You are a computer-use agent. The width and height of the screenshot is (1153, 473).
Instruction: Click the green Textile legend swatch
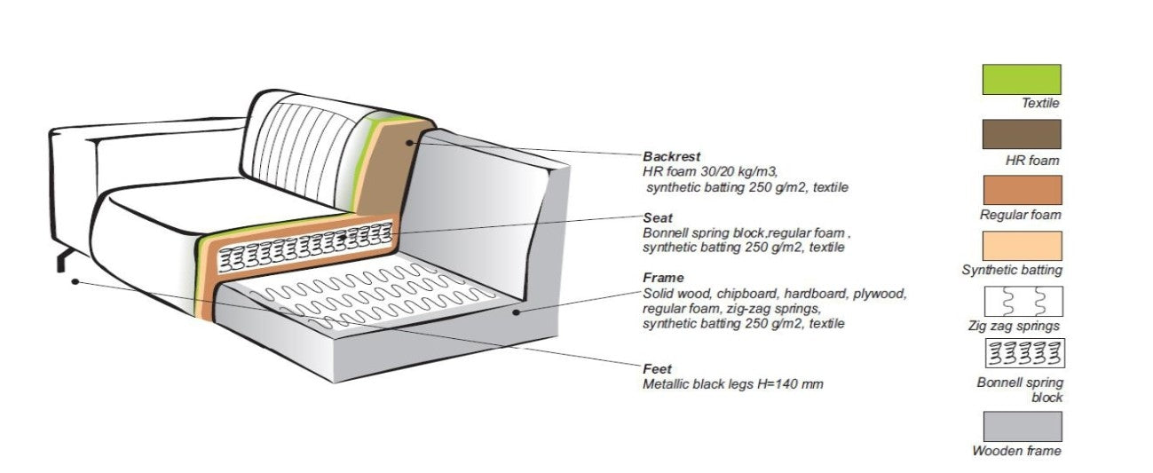[x=1022, y=79]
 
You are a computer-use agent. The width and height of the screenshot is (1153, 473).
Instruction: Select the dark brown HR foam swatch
[x=1022, y=134]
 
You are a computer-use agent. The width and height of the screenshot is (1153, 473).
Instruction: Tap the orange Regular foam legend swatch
[x=1022, y=190]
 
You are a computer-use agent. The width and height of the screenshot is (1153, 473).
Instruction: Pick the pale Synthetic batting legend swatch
[x=1022, y=246]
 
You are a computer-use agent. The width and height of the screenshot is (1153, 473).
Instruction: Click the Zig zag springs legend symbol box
[x=1023, y=302]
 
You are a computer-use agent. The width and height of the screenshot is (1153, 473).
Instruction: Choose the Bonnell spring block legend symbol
[x=1023, y=354]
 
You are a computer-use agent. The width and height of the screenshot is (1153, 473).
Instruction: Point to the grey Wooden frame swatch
[x=1022, y=426]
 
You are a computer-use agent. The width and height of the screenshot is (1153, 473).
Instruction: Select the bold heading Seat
[x=658, y=217]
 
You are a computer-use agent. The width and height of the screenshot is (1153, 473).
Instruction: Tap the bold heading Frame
[x=663, y=278]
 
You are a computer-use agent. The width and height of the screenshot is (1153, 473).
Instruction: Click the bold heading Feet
[x=658, y=367]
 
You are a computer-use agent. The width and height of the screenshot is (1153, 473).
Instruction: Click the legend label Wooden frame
[x=1016, y=451]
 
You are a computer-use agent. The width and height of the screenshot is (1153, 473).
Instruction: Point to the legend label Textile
[x=1040, y=104]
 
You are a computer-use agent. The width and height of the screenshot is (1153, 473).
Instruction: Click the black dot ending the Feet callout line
[x=75, y=282]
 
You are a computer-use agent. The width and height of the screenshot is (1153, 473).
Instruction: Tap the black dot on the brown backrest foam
[x=409, y=141]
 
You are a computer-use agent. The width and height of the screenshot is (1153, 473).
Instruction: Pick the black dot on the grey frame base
[x=517, y=311]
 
